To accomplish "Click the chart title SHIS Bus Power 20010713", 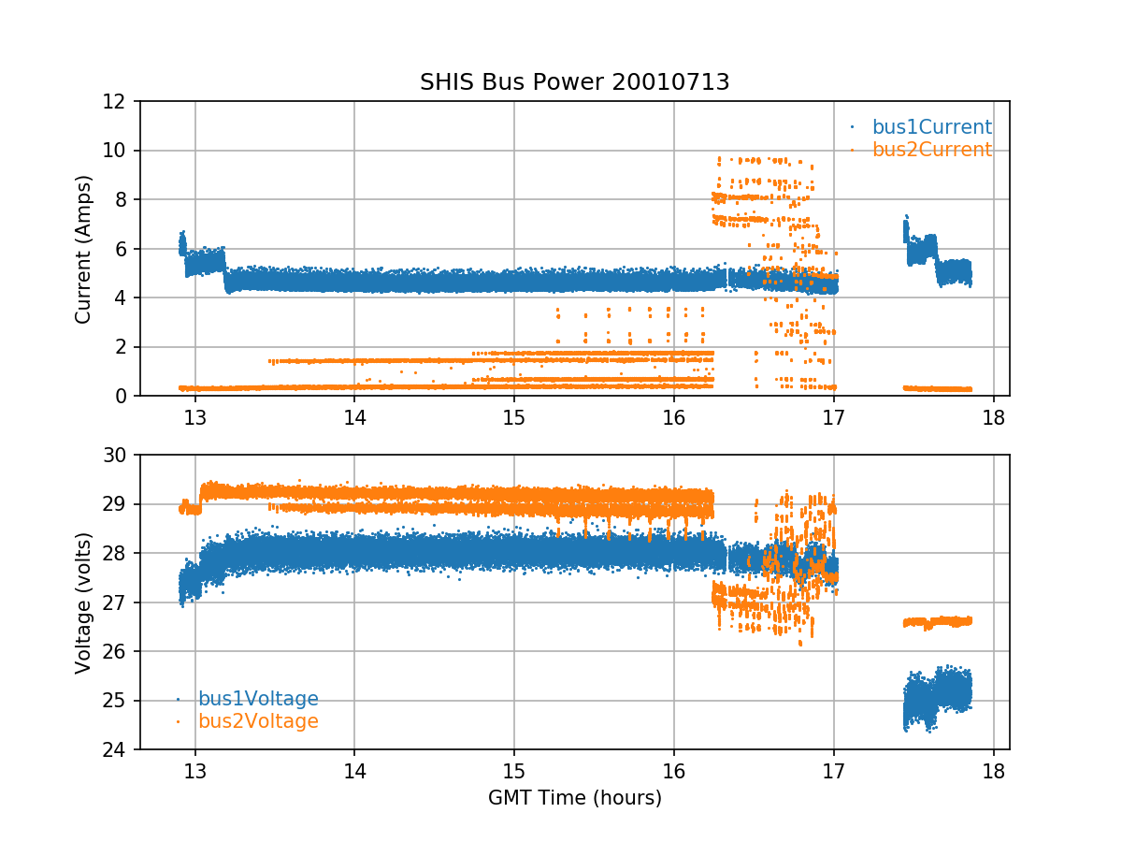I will (574, 82).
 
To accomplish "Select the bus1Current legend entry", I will (931, 127).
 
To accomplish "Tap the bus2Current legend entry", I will (931, 150).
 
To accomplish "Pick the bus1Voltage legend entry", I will (257, 699).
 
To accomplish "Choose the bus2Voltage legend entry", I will (257, 721).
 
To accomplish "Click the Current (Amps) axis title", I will (84, 249).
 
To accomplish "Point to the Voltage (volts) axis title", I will (84, 602).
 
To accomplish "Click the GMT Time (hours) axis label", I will (574, 798).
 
